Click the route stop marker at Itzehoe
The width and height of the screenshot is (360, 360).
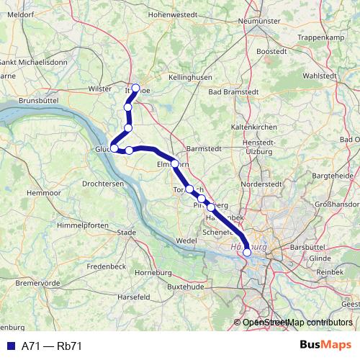pyautogui.click(x=135, y=88)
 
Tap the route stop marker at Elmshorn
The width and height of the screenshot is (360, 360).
pyautogui.click(x=175, y=163)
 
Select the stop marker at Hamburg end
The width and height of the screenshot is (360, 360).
pyautogui.click(x=247, y=252)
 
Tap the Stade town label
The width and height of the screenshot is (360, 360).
pyautogui.click(x=126, y=232)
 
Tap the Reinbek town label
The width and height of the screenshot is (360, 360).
pyautogui.click(x=330, y=271)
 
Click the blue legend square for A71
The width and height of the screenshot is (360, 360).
pyautogui.click(x=11, y=346)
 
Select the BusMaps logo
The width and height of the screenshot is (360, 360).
pyautogui.click(x=326, y=345)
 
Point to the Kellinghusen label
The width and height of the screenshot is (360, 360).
pyautogui.click(x=192, y=76)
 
